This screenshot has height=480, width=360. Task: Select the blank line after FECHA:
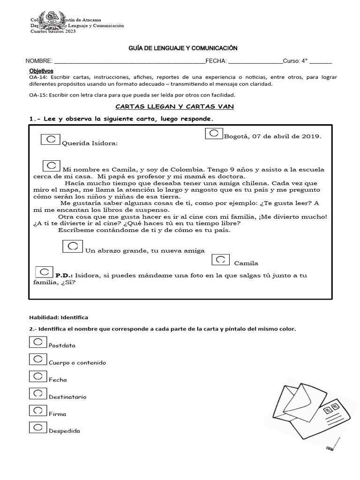pyautogui.click(x=255, y=61)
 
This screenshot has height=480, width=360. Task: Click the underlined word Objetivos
pyautogui.click(x=41, y=70)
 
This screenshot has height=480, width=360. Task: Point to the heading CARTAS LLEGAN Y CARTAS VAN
pyautogui.click(x=174, y=107)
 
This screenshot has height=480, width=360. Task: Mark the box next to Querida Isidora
pyautogui.click(x=51, y=140)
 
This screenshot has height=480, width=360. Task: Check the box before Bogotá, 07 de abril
pyautogui.click(x=213, y=134)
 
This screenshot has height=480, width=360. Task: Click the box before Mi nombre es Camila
pyautogui.click(x=52, y=165)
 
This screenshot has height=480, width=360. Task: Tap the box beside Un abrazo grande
pyautogui.click(x=73, y=246)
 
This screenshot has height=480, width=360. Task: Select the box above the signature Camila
pyautogui.click(x=220, y=259)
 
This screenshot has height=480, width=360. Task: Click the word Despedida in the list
pyautogui.click(x=64, y=431)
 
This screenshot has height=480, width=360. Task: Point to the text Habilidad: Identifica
pyautogui.click(x=59, y=317)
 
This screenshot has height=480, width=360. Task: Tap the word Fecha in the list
pyautogui.click(x=58, y=380)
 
